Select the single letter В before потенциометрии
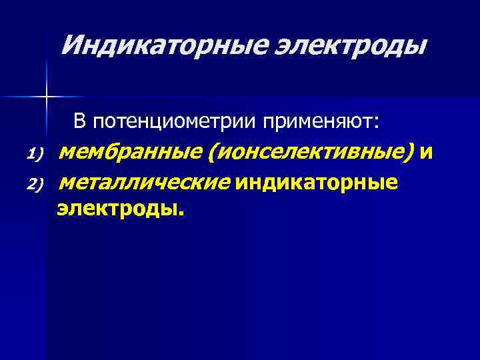79,121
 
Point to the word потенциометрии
175,122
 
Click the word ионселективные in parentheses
307,153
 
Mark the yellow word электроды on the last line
116,209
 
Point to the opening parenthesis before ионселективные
211,154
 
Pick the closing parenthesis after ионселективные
407,154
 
